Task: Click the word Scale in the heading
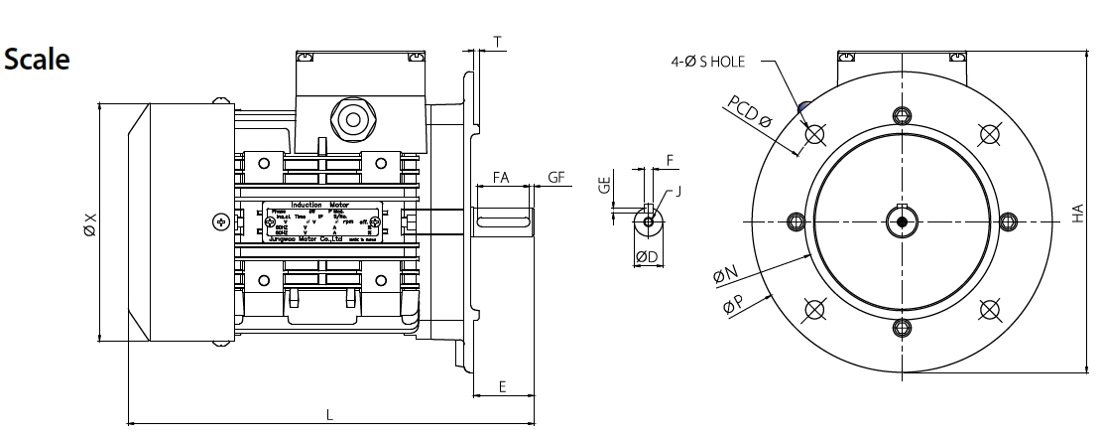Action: [37, 59]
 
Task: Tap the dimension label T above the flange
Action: [497, 41]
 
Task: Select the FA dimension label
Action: [501, 179]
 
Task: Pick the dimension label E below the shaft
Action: [502, 387]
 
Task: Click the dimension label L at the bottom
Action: [330, 417]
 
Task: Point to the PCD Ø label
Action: [749, 112]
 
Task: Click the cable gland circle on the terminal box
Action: [351, 119]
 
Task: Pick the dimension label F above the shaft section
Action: [671, 159]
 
